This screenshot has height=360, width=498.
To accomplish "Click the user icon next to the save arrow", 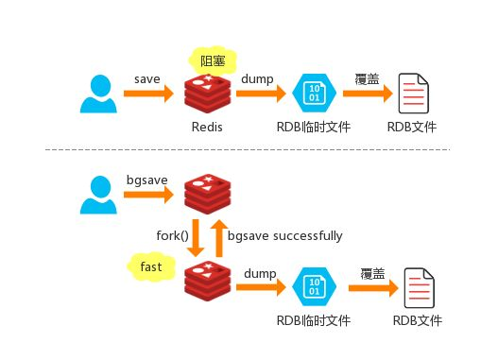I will coord(99,94).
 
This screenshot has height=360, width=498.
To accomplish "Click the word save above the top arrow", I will coord(146,78).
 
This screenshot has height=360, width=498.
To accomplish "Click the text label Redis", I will coord(207,127).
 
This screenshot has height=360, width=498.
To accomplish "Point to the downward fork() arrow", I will coord(196,236).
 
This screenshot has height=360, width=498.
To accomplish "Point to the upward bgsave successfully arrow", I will coord(218,236).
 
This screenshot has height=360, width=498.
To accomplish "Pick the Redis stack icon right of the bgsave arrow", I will coord(208,194).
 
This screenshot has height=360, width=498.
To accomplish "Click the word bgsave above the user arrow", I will coord(146,180).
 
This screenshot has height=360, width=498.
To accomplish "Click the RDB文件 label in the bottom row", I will coord(417,321).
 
